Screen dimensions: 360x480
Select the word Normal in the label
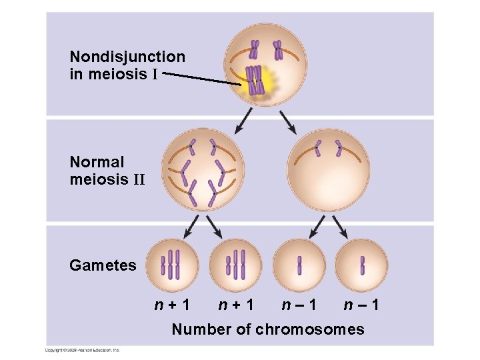[97, 162]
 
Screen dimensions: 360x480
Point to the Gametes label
[103, 265]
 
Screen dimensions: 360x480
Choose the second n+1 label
[237, 306]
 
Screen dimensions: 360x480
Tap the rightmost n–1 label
[362, 306]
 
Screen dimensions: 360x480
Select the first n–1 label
[299, 306]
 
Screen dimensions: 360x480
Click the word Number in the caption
[198, 329]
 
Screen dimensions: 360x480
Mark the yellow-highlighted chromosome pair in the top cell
[253, 81]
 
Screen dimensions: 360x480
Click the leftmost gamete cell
[173, 265]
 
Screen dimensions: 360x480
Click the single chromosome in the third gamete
[299, 265]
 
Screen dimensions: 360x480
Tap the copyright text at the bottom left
[82, 349]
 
